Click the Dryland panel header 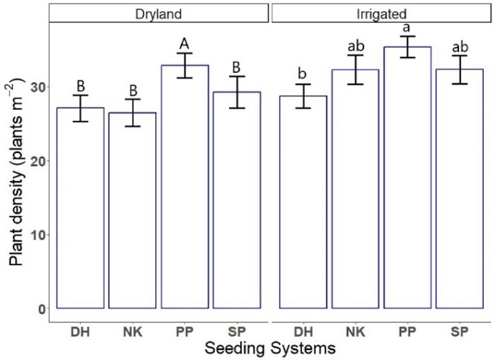click(x=159, y=13)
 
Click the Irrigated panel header click(x=380, y=13)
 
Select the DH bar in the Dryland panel click(x=80, y=210)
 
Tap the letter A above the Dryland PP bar click(x=185, y=45)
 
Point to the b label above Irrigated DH click(x=301, y=75)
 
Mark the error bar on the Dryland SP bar click(x=237, y=92)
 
